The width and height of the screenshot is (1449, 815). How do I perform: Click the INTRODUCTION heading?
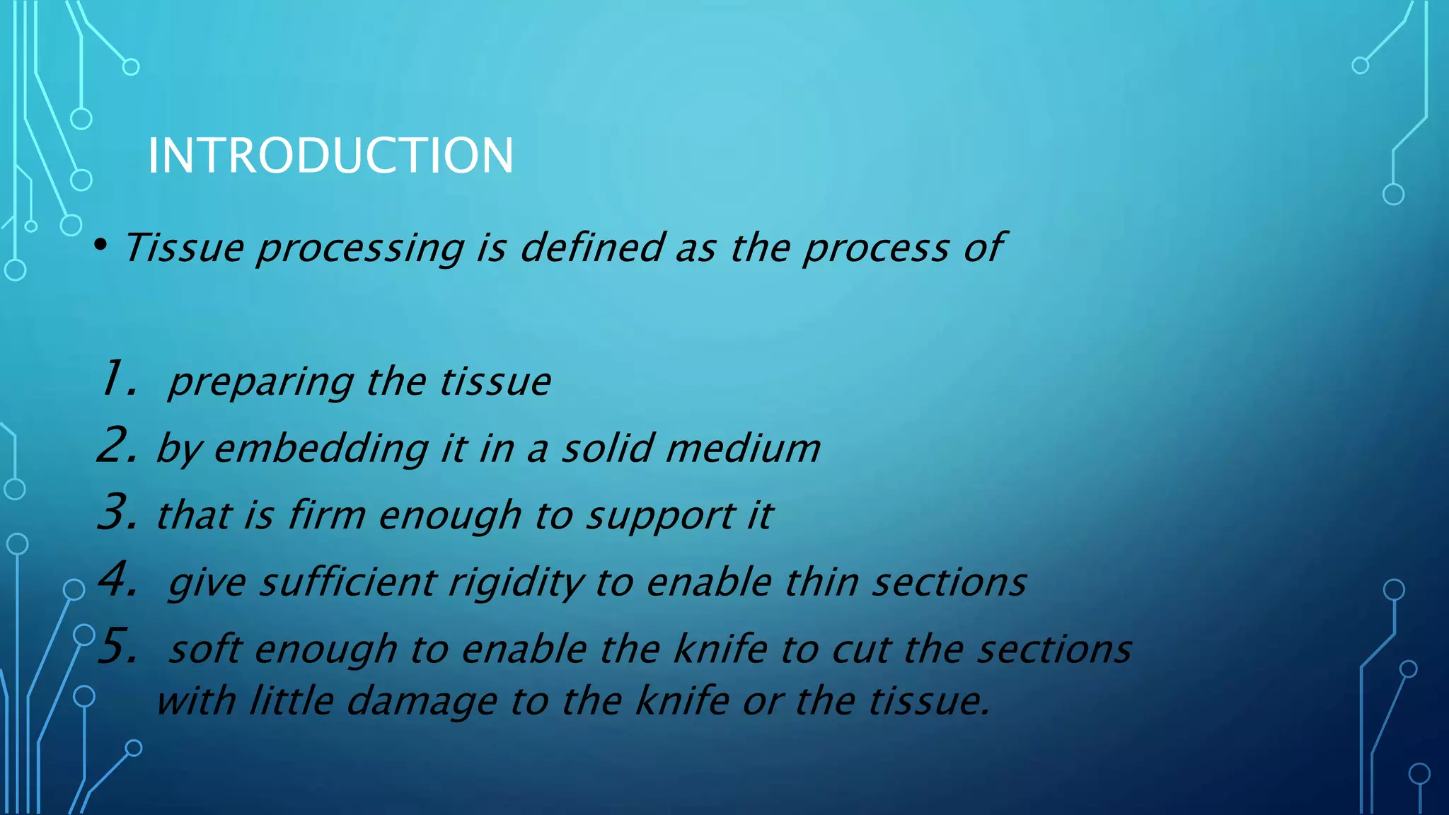[x=330, y=156]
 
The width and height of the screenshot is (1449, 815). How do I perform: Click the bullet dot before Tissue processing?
[x=100, y=245]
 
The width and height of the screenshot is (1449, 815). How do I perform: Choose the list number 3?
[x=117, y=512]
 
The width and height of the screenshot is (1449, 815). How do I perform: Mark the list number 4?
[x=117, y=579]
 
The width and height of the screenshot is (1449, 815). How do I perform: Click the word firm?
[x=326, y=514]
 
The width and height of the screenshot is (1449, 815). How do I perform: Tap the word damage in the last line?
[x=422, y=702]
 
